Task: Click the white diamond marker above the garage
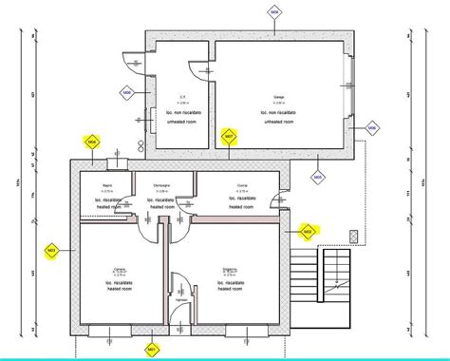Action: click(274, 12)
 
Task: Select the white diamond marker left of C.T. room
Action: click(126, 92)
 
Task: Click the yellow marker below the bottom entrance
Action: click(150, 351)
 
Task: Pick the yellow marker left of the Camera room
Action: click(51, 251)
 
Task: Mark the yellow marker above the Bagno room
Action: click(92, 142)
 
